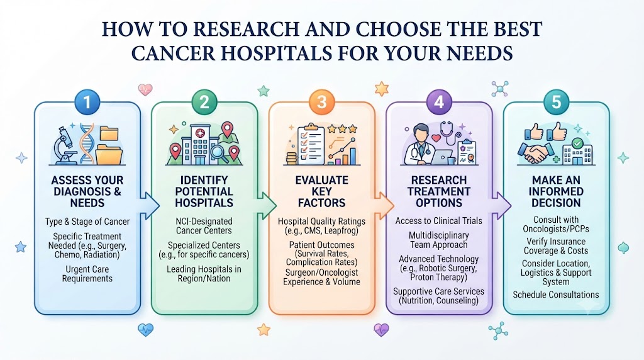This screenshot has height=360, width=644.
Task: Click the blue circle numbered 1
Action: (87, 102)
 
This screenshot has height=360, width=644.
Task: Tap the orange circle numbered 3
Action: (321, 102)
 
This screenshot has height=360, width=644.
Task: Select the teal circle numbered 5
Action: (556, 102)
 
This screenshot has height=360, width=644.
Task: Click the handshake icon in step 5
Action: (535, 152)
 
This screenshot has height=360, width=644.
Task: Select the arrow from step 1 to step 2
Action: (150, 205)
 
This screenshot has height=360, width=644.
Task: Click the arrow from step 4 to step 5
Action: (501, 205)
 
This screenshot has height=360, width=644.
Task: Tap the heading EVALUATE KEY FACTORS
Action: (321, 191)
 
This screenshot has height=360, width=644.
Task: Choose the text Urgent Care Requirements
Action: (87, 274)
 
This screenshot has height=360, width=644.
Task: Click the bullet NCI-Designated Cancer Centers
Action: (204, 225)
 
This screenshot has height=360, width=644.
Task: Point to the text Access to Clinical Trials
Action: (438, 221)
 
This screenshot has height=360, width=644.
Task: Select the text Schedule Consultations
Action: (556, 295)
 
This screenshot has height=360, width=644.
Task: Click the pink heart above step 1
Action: (145, 89)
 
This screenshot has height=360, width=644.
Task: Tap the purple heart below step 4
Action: (381, 330)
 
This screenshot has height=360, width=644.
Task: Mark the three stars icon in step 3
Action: (342, 129)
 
